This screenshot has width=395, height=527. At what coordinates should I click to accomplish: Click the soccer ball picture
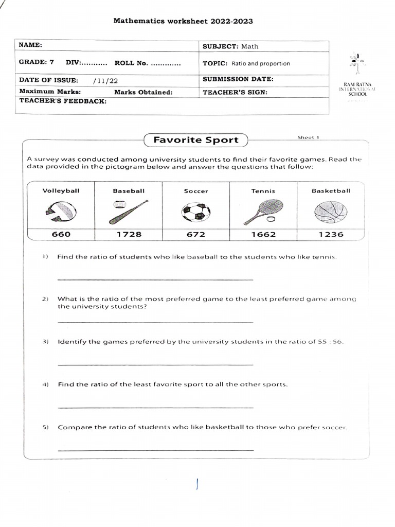pos(196,212)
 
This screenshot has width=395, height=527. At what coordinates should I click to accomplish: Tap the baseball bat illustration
pos(128,212)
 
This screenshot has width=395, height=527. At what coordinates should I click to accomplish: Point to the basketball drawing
pos(331,212)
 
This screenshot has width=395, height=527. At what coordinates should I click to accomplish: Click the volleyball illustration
pos(61,212)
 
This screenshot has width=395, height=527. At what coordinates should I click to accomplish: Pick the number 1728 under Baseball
pos(128,234)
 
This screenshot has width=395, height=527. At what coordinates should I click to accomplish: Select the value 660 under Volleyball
pos(61,234)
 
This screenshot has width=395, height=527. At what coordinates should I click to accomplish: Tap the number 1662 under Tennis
pos(263,234)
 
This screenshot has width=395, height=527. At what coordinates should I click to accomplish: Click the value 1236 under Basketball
pos(331,234)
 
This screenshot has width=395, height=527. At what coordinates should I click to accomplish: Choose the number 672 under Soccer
pos(196,234)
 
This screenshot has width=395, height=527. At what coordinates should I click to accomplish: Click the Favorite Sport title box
pos(196,140)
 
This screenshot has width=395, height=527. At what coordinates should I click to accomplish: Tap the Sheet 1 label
pos(309,137)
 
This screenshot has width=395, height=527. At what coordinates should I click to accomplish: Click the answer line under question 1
pos(155,279)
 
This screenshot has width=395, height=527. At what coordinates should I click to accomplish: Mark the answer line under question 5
pos(155,450)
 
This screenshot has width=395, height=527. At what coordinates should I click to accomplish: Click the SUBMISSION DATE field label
pos(238,79)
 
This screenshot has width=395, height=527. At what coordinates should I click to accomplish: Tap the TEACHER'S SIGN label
pos(235,93)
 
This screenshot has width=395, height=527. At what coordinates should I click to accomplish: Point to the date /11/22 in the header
pos(105,80)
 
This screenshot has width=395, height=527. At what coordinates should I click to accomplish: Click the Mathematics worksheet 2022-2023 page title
pos(183,21)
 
